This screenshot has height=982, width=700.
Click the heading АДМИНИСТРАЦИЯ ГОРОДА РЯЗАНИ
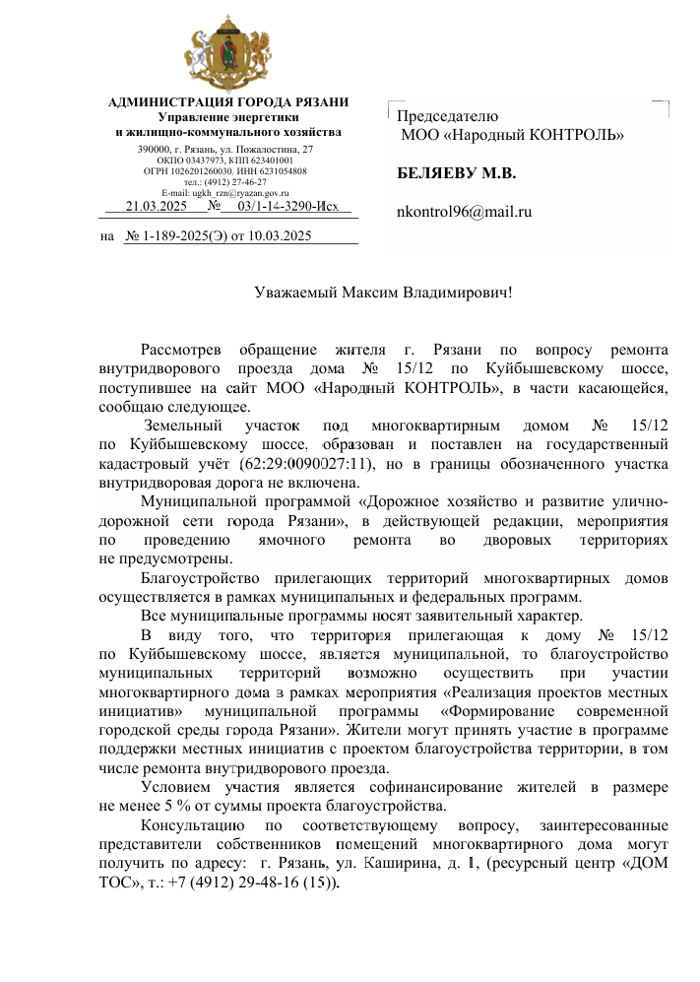[228, 102]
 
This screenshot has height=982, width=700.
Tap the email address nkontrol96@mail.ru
[464, 211]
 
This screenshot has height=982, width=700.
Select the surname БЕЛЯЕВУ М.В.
[456, 173]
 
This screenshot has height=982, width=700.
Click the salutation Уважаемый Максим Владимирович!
[383, 293]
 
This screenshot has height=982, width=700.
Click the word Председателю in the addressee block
[448, 117]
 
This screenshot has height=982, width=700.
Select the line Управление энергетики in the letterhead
[228, 117]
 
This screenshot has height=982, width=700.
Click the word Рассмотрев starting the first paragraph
[181, 349]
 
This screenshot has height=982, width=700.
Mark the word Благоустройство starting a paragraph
[200, 577]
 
